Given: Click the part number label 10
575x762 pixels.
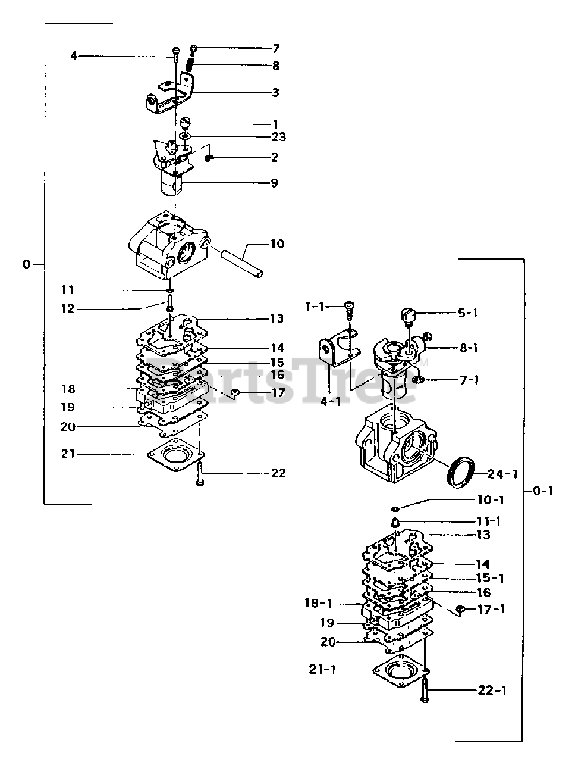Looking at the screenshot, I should click(276, 244).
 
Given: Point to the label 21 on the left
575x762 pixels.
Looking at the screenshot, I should click(68, 454).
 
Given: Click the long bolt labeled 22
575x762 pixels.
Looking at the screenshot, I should click(199, 474).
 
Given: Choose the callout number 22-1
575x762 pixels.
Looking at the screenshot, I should click(492, 691).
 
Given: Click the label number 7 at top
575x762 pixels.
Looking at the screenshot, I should click(275, 48).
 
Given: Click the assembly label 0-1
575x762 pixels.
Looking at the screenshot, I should click(542, 491).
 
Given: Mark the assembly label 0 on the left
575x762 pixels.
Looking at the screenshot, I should click(26, 264).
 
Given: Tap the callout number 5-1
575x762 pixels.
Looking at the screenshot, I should click(467, 313).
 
